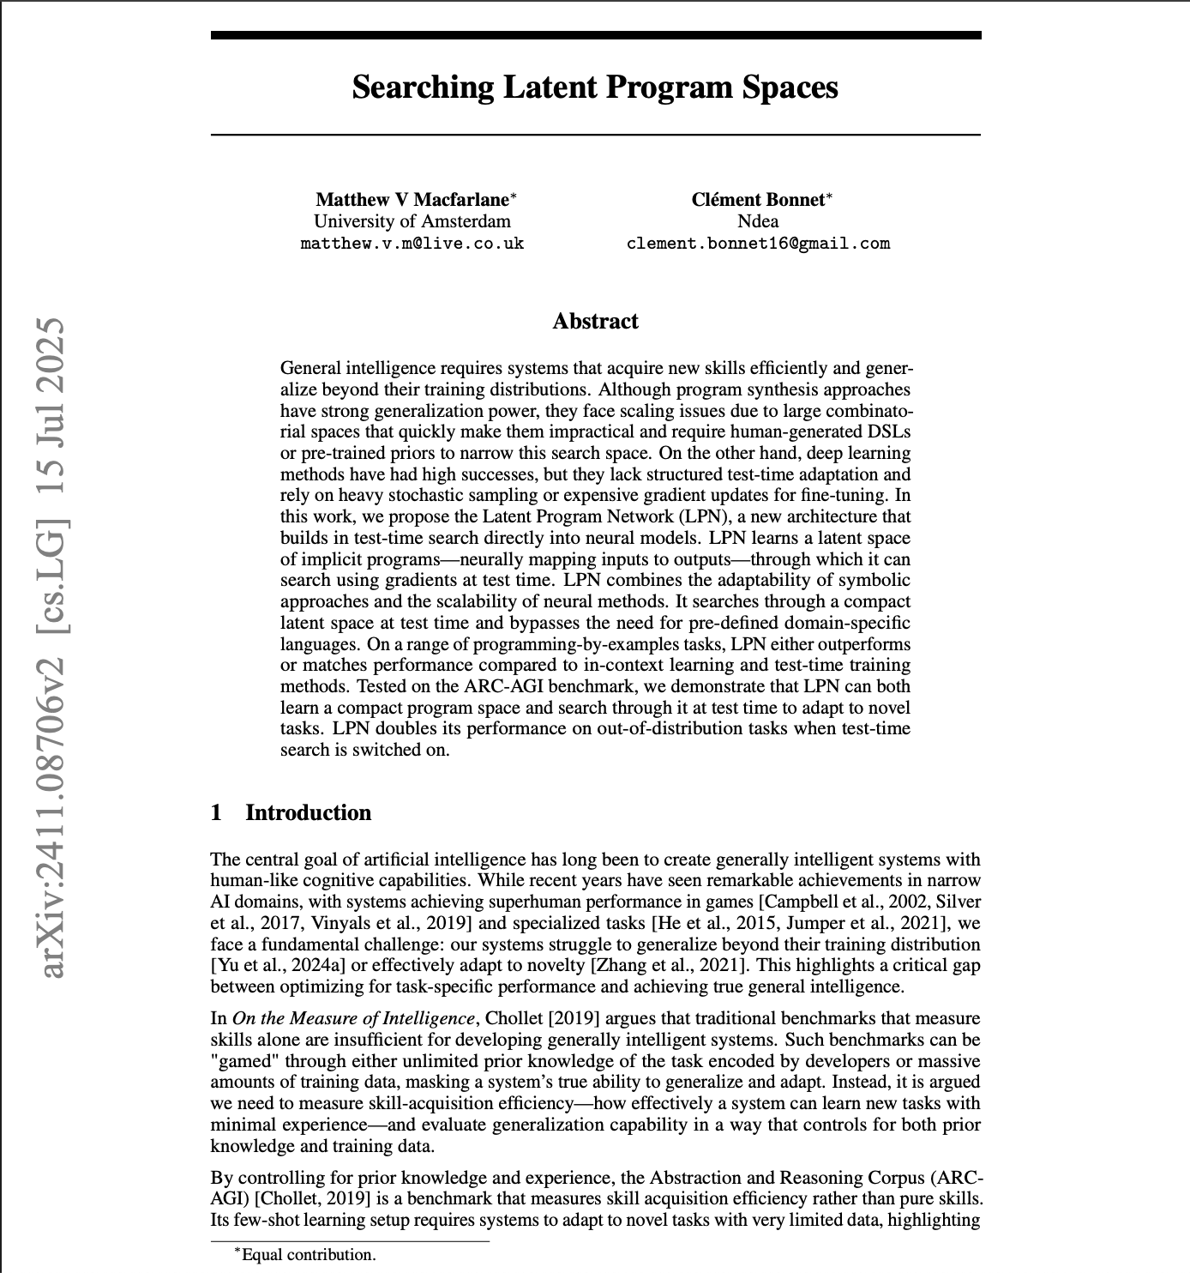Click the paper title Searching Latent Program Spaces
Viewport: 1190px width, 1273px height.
click(595, 87)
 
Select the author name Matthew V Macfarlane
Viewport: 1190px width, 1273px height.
click(412, 200)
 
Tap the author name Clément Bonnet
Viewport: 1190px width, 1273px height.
click(758, 200)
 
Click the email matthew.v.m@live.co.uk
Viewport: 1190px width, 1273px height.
click(412, 244)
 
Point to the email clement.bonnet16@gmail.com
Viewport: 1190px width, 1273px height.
click(758, 244)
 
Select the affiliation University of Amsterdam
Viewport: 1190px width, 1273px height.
click(412, 221)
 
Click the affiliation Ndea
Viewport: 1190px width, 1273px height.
click(758, 221)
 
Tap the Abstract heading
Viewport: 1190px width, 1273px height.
click(595, 322)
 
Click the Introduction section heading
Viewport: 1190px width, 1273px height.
click(308, 813)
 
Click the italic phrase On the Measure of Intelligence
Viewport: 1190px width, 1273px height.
click(353, 1018)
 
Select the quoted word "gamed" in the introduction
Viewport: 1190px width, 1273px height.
click(239, 1061)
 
